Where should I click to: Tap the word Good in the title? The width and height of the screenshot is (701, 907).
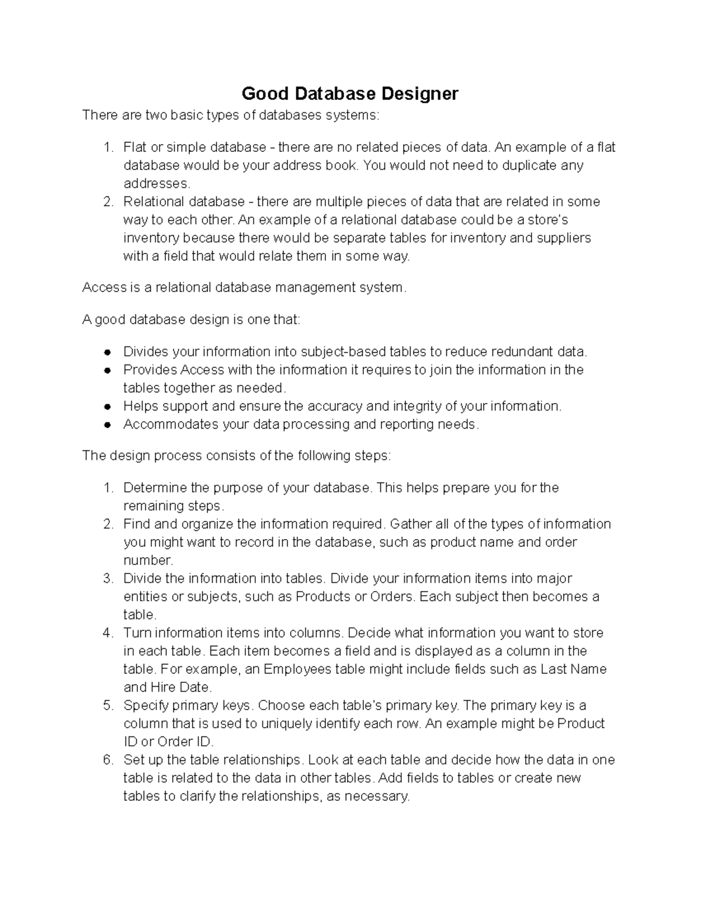262,93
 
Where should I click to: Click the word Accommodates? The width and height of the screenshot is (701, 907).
171,424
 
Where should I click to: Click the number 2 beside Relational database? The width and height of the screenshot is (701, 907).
107,202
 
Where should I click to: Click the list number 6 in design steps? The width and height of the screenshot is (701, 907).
107,760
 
